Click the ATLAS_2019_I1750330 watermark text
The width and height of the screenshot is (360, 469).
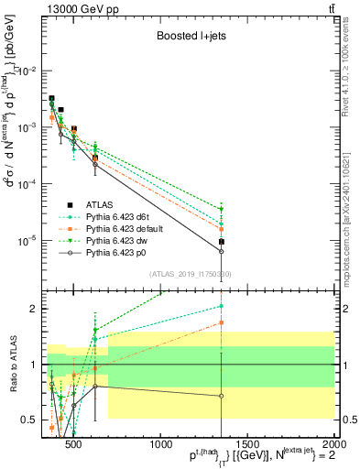[190, 274]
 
